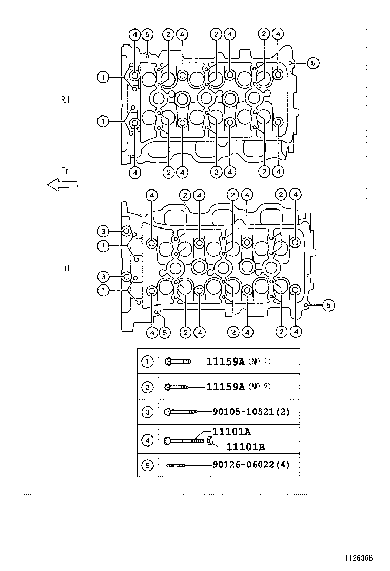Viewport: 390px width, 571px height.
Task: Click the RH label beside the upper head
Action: pyautogui.click(x=65, y=100)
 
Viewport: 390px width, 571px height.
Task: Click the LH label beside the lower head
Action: pyautogui.click(x=65, y=268)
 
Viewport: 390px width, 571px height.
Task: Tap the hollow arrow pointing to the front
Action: pyautogui.click(x=62, y=184)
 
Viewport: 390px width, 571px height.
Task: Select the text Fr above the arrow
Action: pyautogui.click(x=64, y=169)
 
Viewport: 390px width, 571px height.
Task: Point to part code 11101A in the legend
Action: pyautogui.click(x=229, y=432)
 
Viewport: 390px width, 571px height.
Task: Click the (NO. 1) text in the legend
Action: pyautogui.click(x=260, y=361)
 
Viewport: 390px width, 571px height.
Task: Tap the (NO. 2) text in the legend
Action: pyautogui.click(x=260, y=387)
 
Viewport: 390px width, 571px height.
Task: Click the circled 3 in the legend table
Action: pyautogui.click(x=147, y=411)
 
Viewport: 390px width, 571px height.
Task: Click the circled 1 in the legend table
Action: pyautogui.click(x=147, y=361)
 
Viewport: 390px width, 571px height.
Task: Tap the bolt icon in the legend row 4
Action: pyautogui.click(x=185, y=440)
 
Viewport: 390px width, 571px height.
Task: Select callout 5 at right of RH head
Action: pyautogui.click(x=314, y=63)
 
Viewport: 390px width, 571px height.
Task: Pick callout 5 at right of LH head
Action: pyautogui.click(x=328, y=306)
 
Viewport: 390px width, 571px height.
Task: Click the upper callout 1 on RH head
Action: pyautogui.click(x=104, y=77)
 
